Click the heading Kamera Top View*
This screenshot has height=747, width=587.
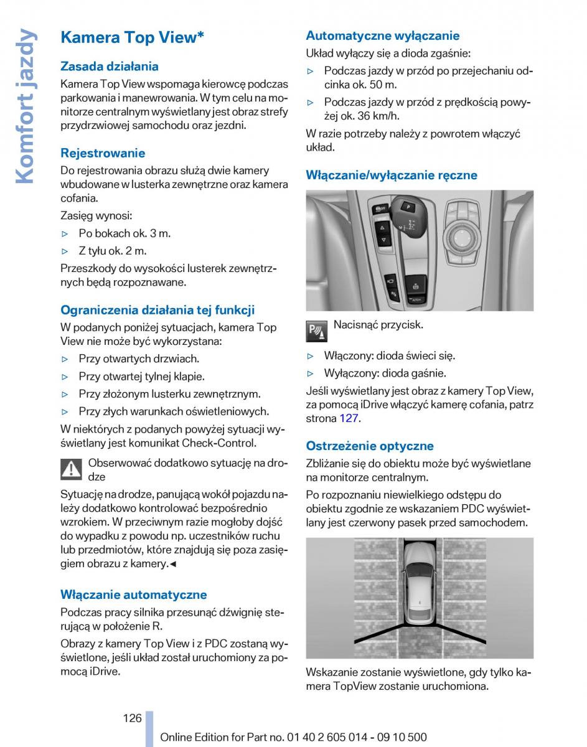[132, 37]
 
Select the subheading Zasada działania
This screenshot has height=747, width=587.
[110, 67]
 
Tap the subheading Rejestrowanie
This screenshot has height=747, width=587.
[103, 153]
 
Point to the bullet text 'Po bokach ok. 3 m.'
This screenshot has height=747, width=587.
[124, 233]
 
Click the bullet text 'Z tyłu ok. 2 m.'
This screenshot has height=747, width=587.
[113, 251]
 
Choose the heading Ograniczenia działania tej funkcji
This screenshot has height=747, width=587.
[157, 310]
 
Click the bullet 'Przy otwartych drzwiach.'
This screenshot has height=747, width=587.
[139, 359]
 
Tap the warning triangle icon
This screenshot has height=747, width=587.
[72, 469]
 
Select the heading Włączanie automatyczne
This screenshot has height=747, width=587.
[133, 594]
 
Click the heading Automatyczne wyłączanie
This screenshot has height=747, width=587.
[383, 36]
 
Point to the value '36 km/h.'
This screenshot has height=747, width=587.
[380, 116]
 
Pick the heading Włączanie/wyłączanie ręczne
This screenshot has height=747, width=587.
[392, 175]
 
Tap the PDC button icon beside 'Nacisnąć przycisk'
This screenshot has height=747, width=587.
[317, 331]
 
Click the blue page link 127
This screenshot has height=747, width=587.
[349, 418]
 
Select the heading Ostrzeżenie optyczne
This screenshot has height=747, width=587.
[370, 446]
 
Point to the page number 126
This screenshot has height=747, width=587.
[133, 718]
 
